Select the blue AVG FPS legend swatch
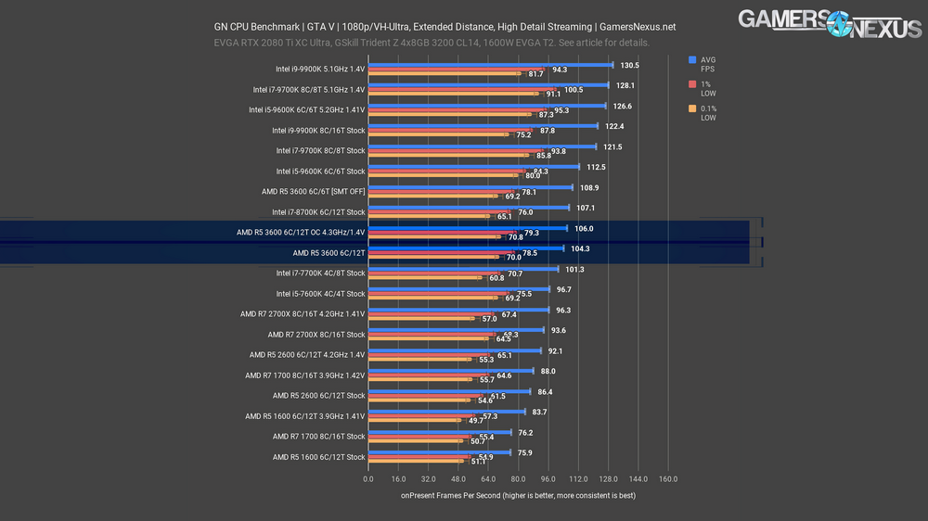click(x=692, y=60)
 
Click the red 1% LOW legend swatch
click(x=692, y=84)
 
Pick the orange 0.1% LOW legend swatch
click(x=692, y=109)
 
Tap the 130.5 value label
click(x=630, y=65)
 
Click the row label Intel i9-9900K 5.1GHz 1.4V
click(x=320, y=69)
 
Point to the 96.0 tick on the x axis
click(x=548, y=479)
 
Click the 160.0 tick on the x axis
click(x=668, y=479)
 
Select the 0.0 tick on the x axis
click(x=368, y=479)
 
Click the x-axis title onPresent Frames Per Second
click(x=518, y=496)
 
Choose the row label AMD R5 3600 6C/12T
click(x=329, y=252)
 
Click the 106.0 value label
click(x=585, y=228)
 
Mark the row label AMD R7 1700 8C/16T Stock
click(x=319, y=436)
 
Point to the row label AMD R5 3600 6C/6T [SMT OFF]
click(x=314, y=191)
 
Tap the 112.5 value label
click(x=597, y=167)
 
